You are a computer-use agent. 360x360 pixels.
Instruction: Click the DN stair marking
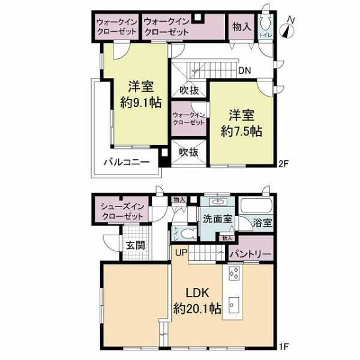[244, 70]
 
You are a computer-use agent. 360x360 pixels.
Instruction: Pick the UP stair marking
[181, 252]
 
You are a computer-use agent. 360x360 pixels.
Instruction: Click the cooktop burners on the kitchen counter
[233, 275]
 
